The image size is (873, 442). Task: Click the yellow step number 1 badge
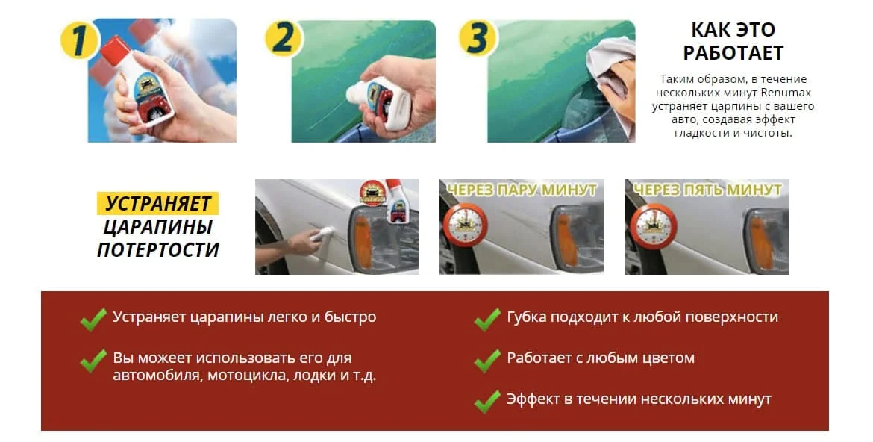pyautogui.click(x=79, y=40)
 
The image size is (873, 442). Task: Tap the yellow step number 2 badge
pyautogui.click(x=284, y=39)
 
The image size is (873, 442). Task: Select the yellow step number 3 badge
pyautogui.click(x=477, y=38)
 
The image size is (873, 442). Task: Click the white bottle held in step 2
pyautogui.click(x=378, y=100)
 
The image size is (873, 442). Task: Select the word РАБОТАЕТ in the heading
pyautogui.click(x=733, y=53)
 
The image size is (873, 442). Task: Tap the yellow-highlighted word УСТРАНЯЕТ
pyautogui.click(x=158, y=203)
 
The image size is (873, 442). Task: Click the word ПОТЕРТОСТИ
pyautogui.click(x=158, y=249)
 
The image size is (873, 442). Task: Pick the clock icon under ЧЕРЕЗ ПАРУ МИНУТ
pyautogui.click(x=466, y=225)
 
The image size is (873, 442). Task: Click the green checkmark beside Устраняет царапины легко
pyautogui.click(x=93, y=320)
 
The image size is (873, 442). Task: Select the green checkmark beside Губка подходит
pyautogui.click(x=488, y=320)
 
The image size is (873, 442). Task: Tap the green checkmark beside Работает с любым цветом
pyautogui.click(x=488, y=360)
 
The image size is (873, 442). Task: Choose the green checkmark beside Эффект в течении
pyautogui.click(x=488, y=402)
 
